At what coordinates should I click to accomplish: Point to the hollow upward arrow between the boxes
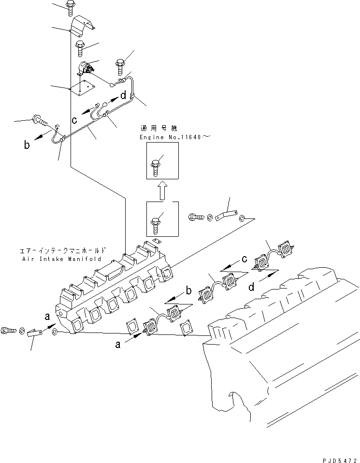(x=162, y=189)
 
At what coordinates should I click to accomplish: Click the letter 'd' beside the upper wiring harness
(x=123, y=95)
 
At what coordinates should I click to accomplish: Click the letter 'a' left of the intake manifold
(x=47, y=317)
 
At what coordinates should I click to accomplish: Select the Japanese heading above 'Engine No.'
(x=158, y=129)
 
